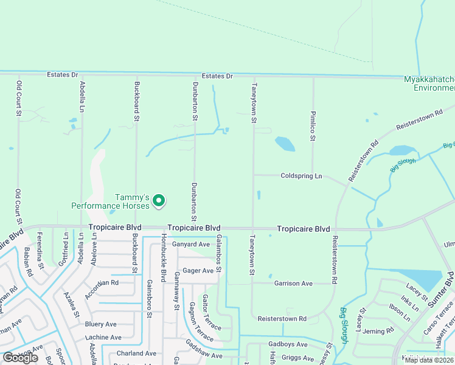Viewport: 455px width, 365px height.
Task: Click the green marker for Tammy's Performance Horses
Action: [159, 200]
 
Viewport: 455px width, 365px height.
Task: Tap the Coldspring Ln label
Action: [301, 176]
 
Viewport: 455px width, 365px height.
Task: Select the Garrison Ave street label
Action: [293, 283]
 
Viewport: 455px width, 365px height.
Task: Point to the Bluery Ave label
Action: [101, 324]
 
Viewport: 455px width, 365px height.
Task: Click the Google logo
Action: [20, 358]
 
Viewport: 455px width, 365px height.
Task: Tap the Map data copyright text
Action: [428, 360]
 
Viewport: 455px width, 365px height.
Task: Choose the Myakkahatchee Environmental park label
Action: [429, 83]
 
